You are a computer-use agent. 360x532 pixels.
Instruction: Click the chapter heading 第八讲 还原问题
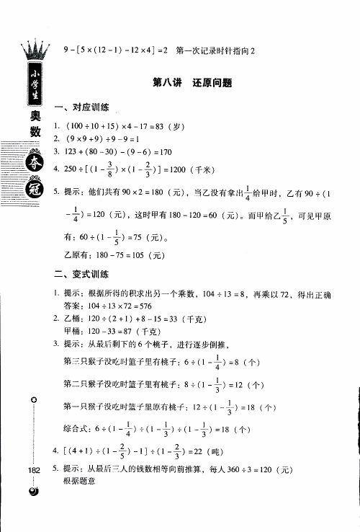[192, 83]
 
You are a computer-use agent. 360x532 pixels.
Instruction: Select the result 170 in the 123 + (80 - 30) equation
[163, 151]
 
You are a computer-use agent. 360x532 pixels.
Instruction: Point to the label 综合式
[78, 430]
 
